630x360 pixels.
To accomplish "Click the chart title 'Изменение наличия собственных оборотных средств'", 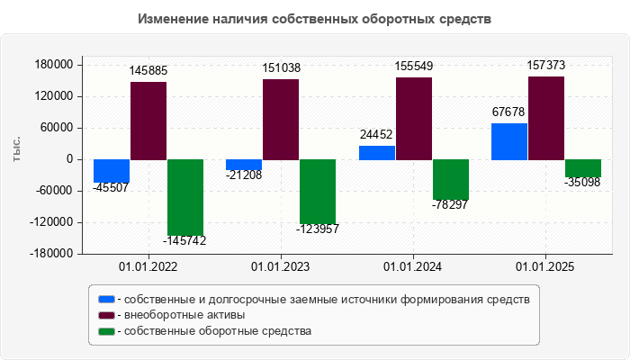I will [315, 19].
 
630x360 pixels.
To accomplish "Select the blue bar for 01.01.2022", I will [112, 171].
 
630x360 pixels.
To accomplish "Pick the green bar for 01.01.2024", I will [450, 179].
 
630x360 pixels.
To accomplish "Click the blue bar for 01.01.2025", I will [509, 141].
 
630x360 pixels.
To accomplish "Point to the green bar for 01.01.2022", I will [185, 197].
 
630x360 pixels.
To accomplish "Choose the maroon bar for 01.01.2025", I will [546, 118].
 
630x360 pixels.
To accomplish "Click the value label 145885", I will [148, 69].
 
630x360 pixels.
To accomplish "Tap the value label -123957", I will [318, 229].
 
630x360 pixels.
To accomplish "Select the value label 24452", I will [376, 134].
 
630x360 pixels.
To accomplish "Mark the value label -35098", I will [582, 183].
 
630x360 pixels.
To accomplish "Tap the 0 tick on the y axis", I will [68, 159].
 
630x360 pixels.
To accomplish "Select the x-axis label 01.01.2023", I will [281, 267].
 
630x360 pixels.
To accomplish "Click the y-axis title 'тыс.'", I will [17, 149].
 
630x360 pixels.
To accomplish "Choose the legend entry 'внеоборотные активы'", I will [184, 315].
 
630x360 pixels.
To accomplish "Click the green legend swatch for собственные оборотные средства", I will [107, 331].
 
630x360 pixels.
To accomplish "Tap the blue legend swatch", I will [107, 299].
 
